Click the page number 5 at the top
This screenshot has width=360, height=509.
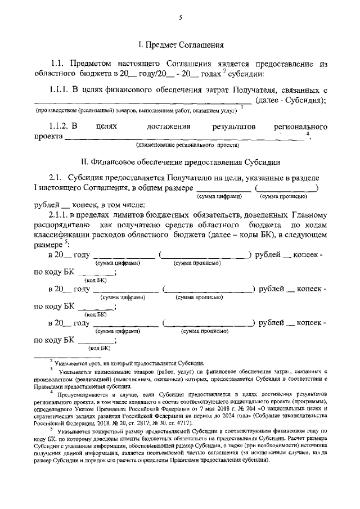[x=180, y=17]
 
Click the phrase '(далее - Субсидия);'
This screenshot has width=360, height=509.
[x=291, y=100]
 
